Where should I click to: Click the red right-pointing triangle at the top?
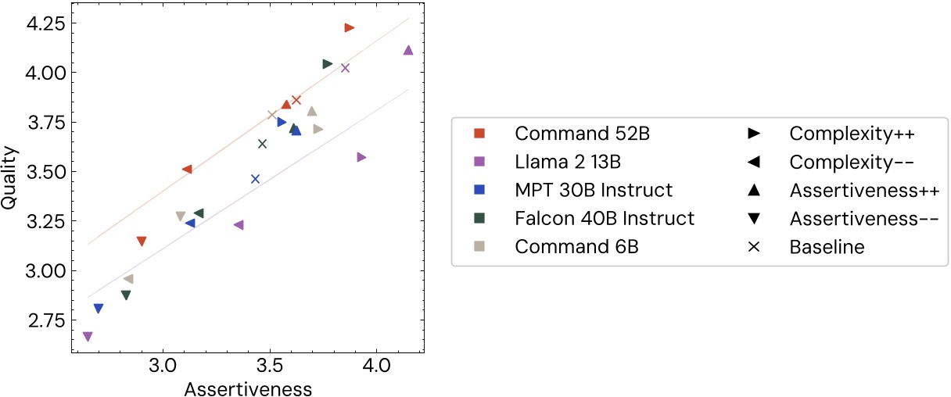[349, 28]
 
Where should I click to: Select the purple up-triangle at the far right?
[407, 50]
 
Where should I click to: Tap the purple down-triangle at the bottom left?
[87, 337]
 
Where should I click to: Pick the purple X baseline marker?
[345, 68]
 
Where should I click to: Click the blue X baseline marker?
[255, 179]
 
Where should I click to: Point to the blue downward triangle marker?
[98, 309]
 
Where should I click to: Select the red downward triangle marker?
[141, 241]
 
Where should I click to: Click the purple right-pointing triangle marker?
[361, 157]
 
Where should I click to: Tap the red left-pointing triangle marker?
[187, 170]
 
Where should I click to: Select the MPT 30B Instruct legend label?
[593, 190]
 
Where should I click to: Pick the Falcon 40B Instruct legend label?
[604, 219]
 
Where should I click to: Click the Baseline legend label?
[827, 247]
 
